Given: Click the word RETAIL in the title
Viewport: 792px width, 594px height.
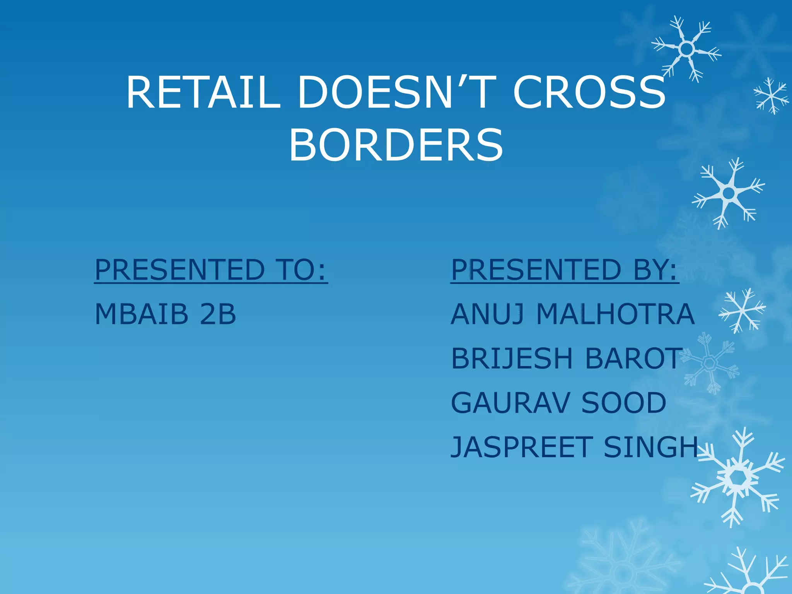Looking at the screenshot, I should (x=203, y=93).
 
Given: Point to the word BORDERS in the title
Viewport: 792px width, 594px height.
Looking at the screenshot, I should (x=396, y=145).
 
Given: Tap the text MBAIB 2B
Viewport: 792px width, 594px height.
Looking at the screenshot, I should (x=166, y=314).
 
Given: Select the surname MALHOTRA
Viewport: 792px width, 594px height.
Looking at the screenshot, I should (x=615, y=314).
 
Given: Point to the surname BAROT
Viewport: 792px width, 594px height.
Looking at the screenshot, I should (x=633, y=358).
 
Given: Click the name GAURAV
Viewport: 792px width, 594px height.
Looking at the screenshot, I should (x=510, y=403).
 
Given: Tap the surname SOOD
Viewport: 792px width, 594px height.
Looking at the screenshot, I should (x=624, y=403).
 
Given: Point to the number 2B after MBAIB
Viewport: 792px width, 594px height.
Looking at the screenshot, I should (x=218, y=314).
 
